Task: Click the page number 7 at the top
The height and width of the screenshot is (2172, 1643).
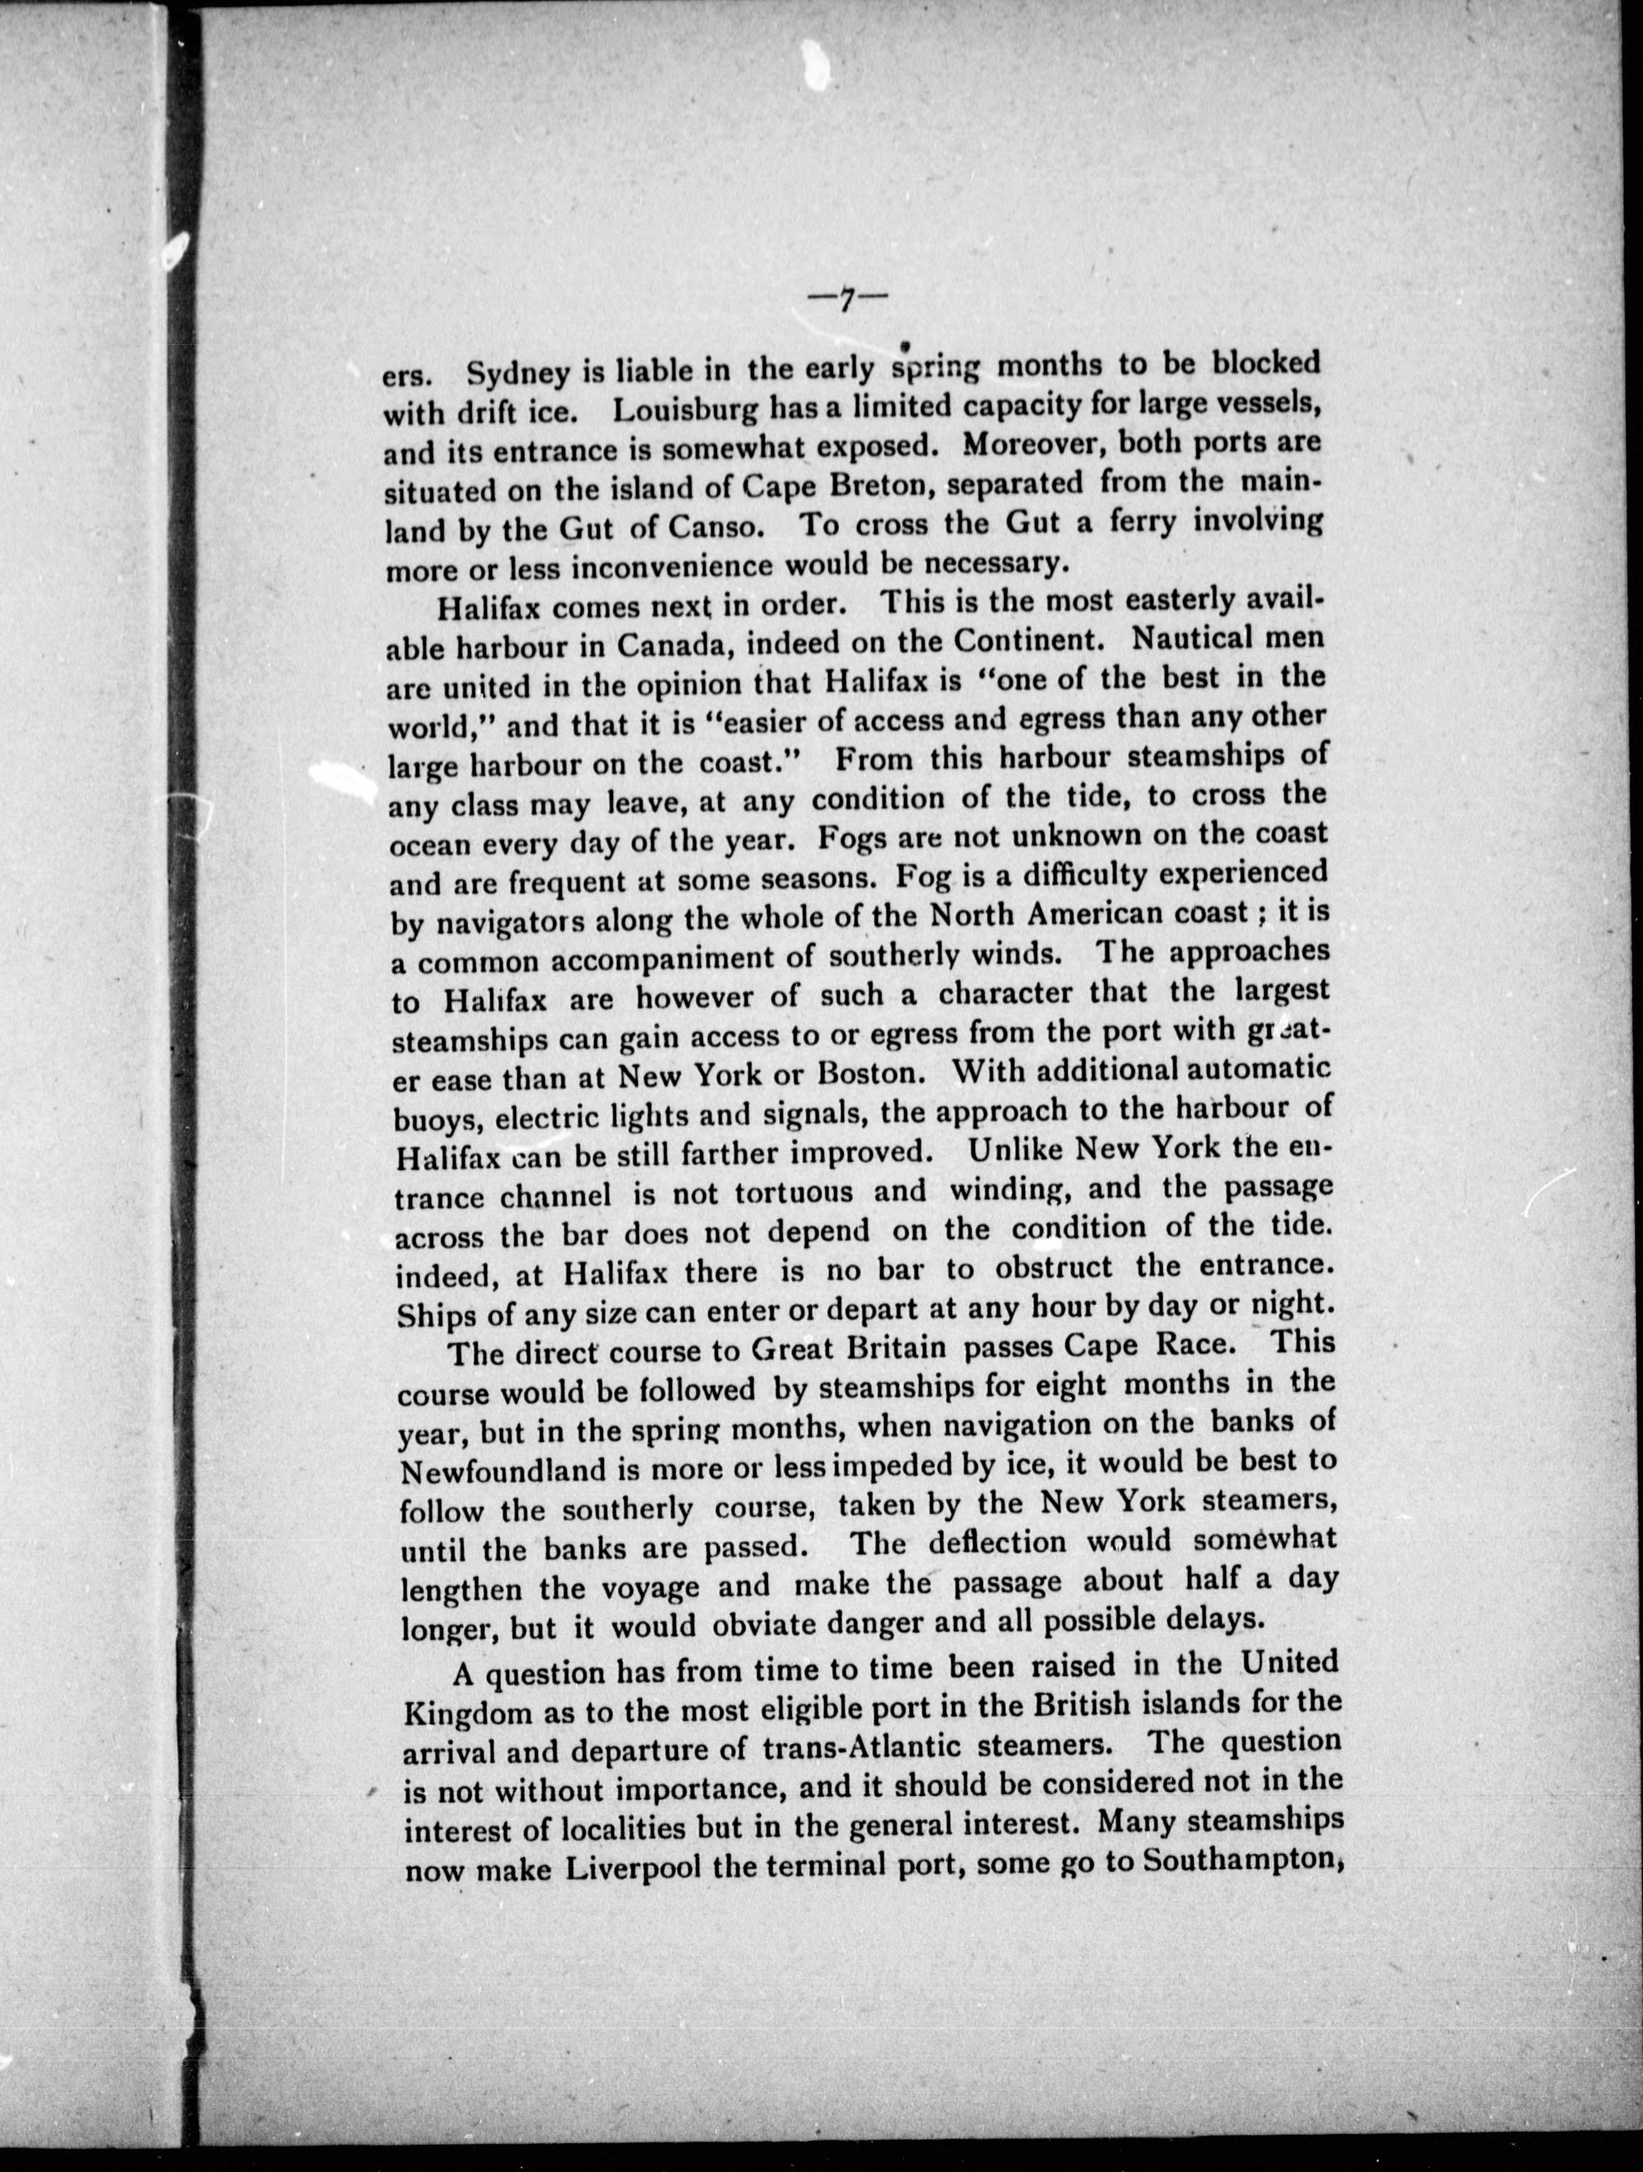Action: (x=845, y=300)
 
